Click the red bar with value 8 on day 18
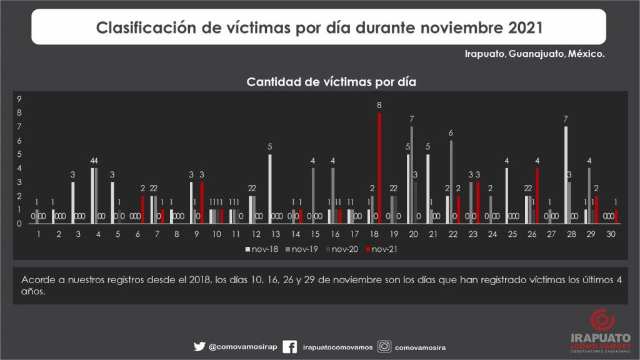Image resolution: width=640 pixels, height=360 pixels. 379,167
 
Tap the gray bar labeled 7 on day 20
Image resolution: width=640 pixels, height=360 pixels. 412,174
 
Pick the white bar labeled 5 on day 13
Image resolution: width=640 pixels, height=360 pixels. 270,188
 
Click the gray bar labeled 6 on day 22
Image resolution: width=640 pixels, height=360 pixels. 451,181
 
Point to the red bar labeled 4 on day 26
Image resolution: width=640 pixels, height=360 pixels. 537,195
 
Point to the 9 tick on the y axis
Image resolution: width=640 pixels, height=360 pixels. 19,99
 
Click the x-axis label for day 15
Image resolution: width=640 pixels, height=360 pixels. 315,234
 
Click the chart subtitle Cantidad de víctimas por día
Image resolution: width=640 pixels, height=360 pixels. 331,82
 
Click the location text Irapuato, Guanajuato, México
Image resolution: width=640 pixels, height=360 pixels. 534,54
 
